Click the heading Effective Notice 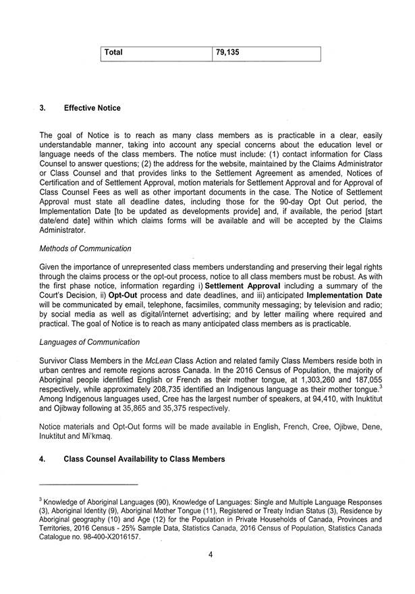click(92, 108)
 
